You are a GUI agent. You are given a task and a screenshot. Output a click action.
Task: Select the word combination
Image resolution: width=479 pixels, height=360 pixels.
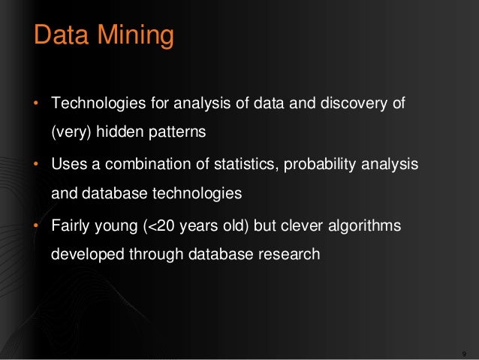coord(150,163)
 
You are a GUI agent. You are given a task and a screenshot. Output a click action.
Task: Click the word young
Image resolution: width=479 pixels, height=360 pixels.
coord(119,225)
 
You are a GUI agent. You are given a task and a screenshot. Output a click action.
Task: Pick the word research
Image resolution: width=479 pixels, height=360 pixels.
coord(291,254)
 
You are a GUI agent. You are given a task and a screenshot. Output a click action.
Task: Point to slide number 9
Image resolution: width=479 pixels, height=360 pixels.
coord(465,353)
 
